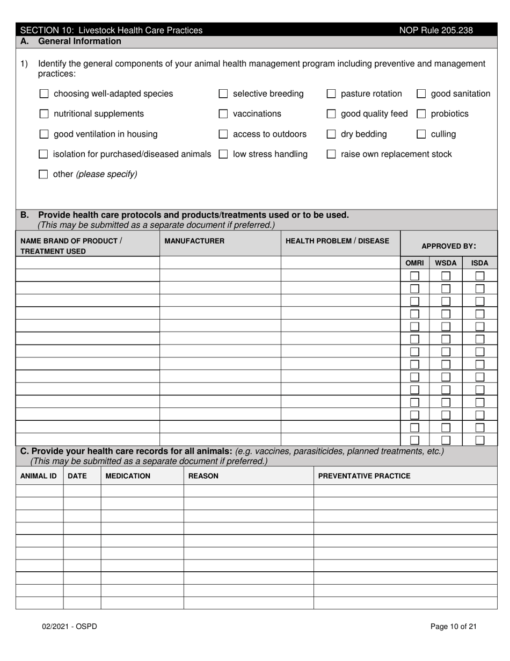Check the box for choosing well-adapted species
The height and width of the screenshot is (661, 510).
(44, 94)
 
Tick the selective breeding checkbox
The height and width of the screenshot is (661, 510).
(223, 94)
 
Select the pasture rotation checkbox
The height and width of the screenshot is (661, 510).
(331, 94)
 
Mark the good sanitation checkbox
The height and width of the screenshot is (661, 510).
(421, 94)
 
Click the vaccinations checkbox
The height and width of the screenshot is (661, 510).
(223, 114)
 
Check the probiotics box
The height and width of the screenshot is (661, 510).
(421, 114)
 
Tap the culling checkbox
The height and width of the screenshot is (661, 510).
(421, 134)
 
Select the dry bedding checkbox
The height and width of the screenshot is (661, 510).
(331, 134)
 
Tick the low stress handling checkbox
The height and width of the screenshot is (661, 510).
(223, 154)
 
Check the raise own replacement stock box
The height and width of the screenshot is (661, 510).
(331, 154)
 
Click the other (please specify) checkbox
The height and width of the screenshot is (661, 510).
(44, 174)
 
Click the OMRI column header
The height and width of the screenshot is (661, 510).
(414, 263)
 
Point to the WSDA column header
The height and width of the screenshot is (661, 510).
(446, 263)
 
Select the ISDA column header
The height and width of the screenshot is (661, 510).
(479, 263)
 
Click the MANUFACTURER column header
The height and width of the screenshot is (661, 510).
(194, 241)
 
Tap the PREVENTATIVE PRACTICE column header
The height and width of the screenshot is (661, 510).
(364, 476)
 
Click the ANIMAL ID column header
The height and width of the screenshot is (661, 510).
(38, 476)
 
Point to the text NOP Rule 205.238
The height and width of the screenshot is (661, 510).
(436, 31)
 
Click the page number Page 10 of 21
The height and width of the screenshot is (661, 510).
(453, 626)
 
